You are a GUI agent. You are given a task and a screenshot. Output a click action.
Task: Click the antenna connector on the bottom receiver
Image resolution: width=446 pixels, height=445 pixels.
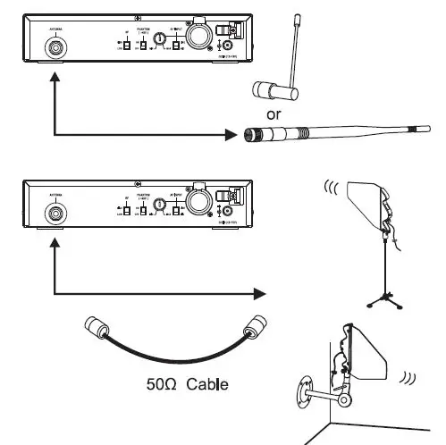55,214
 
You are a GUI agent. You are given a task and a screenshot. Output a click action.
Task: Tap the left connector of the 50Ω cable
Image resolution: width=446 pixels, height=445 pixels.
92,328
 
